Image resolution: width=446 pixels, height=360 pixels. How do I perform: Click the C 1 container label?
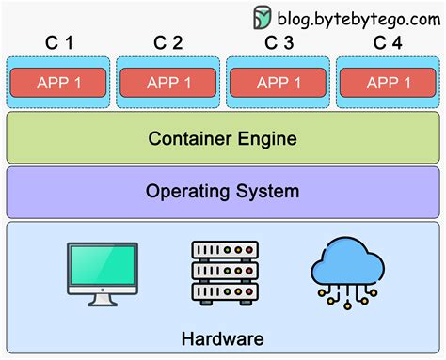pos(58,42)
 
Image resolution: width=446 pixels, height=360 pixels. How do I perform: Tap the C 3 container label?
pos(279,42)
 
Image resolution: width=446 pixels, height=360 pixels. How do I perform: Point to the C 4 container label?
pos(388,42)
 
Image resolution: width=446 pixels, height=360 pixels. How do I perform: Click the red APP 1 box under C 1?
pos(58,82)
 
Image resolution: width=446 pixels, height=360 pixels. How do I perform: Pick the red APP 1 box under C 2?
pos(167,82)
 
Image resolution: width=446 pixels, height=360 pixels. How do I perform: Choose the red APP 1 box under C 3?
pos(279,82)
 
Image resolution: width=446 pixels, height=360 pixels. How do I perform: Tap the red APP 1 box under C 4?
pos(388,82)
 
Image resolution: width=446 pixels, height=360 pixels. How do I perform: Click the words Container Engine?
pos(222,139)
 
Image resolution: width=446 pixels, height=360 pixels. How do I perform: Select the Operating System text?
pos(222,192)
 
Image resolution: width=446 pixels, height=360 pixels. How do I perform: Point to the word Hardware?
pos(224,338)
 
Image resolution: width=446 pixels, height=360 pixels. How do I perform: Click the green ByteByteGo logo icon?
pos(263,18)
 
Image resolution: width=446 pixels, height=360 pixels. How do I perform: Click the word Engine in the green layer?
pos(268,139)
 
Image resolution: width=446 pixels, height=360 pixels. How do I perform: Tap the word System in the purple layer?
pos(268,192)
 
